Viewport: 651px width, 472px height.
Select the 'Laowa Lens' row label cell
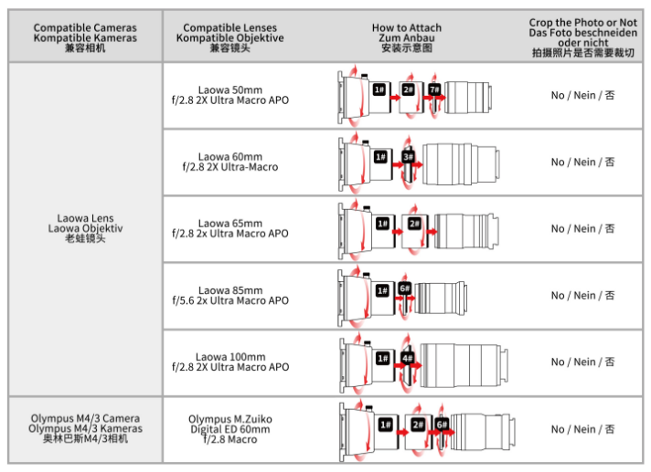pos(85,228)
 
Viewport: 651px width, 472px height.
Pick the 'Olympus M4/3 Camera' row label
pos(85,428)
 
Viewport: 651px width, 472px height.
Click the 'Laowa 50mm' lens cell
pos(229,95)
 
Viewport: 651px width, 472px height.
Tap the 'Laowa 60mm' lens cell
pos(229,162)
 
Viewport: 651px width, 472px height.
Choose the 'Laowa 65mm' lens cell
pos(229,228)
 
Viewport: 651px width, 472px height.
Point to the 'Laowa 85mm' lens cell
pos(229,295)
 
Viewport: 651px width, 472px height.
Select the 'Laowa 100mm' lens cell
pos(229,362)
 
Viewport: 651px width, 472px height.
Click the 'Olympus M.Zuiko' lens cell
pos(229,428)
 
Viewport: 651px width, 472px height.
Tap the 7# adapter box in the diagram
pos(434,89)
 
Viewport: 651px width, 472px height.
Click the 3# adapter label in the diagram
pos(409,157)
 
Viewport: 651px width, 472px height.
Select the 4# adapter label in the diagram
pos(409,358)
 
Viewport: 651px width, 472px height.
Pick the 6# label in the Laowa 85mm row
pos(404,290)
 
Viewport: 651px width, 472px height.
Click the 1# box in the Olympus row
pos(386,425)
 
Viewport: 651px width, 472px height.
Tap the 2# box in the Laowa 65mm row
pos(414,224)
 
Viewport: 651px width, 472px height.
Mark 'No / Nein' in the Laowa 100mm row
pos(582,362)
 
